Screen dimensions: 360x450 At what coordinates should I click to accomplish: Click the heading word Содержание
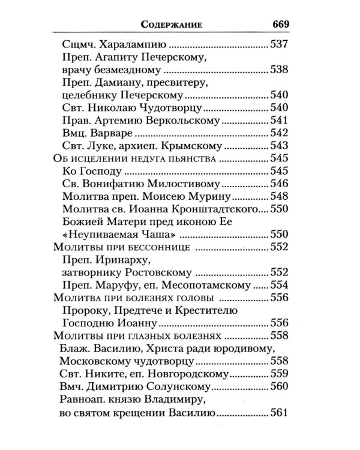tap(171, 25)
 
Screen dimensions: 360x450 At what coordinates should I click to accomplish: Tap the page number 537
tap(280, 44)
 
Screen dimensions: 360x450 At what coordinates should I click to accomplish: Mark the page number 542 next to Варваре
tap(280, 134)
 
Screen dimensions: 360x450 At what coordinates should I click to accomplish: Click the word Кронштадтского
tap(211, 210)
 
